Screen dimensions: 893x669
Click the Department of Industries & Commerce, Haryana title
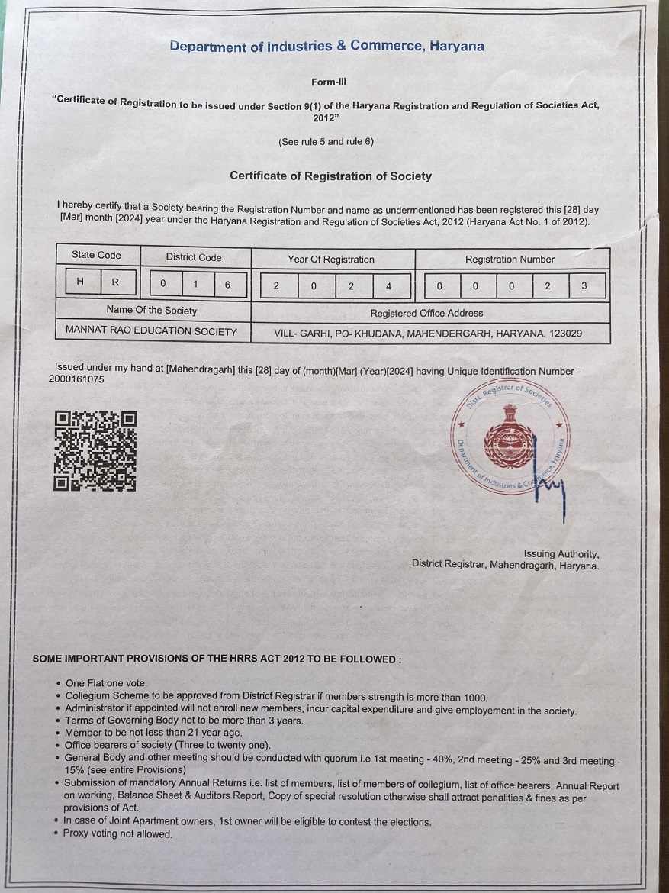coord(326,47)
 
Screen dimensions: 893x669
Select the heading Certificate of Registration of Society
coord(330,176)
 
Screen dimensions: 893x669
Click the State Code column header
coord(96,255)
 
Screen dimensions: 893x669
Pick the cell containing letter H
coord(80,282)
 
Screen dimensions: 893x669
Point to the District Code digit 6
coord(227,284)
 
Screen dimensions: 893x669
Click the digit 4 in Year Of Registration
coord(388,286)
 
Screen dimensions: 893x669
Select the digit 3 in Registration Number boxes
coord(584,287)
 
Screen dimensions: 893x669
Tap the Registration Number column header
coord(510,260)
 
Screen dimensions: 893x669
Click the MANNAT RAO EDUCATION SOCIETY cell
coord(151,332)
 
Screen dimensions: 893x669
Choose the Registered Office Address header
coord(426,313)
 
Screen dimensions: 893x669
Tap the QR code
coord(95,450)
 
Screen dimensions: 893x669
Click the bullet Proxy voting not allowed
coord(118,834)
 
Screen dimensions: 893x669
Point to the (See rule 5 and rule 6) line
coord(326,142)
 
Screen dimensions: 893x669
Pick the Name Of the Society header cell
coord(151,310)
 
